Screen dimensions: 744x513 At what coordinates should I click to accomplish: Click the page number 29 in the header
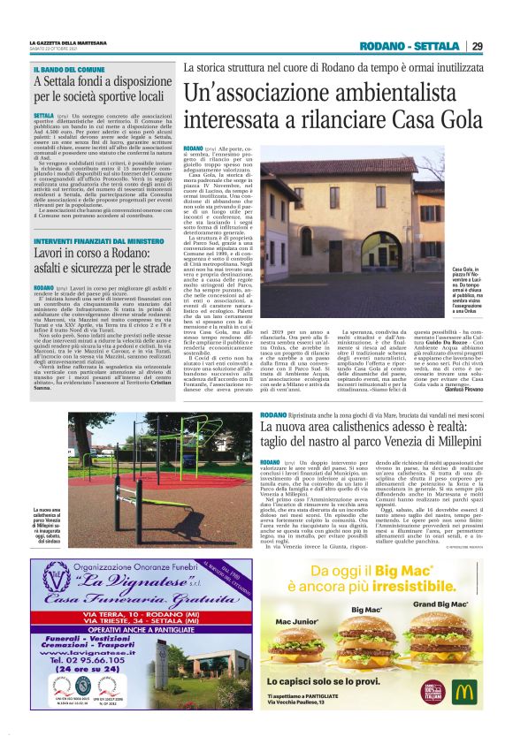tap(477, 46)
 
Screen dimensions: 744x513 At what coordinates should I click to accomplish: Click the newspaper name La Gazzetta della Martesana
tap(68, 42)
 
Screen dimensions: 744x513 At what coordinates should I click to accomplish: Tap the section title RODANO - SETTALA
tap(410, 46)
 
